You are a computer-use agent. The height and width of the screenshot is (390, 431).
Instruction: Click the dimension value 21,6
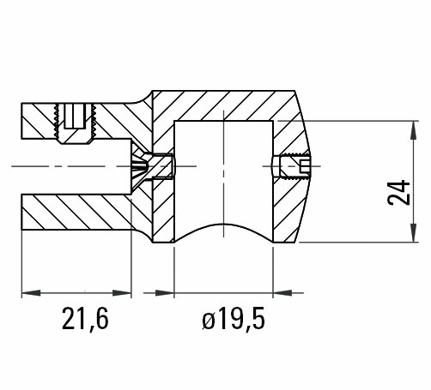click(85, 319)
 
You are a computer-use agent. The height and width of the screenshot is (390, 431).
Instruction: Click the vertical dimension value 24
click(398, 193)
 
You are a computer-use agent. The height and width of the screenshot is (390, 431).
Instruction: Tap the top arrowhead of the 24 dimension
click(413, 130)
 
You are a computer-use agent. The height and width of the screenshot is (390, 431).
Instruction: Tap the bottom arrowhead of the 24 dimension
click(413, 233)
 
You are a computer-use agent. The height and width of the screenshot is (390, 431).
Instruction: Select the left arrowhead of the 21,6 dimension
click(31, 293)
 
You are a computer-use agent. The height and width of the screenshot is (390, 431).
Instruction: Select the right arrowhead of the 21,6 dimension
click(122, 293)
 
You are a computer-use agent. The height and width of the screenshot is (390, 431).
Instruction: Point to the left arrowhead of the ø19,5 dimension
click(165, 293)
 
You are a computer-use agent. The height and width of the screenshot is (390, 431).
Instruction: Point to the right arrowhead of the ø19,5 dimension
click(282, 293)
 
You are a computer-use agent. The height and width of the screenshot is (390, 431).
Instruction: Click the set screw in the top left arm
click(75, 123)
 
